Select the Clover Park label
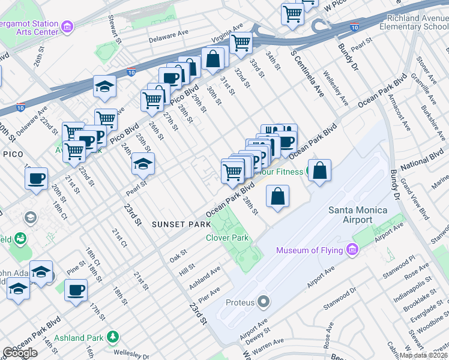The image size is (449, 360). (227, 238)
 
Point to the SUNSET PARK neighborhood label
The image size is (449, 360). (181, 224)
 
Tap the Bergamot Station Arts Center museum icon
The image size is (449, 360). (68, 26)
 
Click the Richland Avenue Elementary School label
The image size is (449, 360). (414, 23)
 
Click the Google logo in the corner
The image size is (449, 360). (20, 353)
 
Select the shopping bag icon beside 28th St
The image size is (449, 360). (277, 196)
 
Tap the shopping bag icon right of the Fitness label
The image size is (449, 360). (321, 170)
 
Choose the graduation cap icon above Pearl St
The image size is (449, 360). (143, 163)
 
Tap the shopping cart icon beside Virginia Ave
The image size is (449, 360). (241, 42)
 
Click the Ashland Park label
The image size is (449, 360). (79, 338)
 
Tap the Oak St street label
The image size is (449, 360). (177, 256)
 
